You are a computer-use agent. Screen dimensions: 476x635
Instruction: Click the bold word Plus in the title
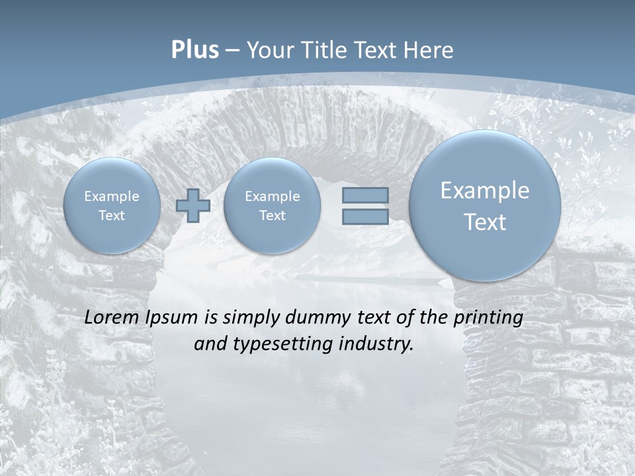coord(194,50)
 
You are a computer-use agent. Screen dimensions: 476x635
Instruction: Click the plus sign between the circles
coord(193,206)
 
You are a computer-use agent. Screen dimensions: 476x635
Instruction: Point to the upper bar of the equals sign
coord(365,195)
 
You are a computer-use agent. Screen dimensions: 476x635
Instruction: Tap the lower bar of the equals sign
coord(365,217)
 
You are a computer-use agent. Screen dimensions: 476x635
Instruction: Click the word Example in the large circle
coord(485,190)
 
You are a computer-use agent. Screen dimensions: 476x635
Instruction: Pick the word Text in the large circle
coord(485,222)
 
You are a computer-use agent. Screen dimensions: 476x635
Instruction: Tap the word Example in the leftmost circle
coord(112,196)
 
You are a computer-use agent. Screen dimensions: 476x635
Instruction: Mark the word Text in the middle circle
coord(272,216)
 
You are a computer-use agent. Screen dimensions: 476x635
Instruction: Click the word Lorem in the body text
coord(112,317)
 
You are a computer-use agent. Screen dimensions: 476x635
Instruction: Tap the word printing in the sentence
coord(488,318)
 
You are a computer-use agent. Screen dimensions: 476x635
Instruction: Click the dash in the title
coord(232,51)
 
